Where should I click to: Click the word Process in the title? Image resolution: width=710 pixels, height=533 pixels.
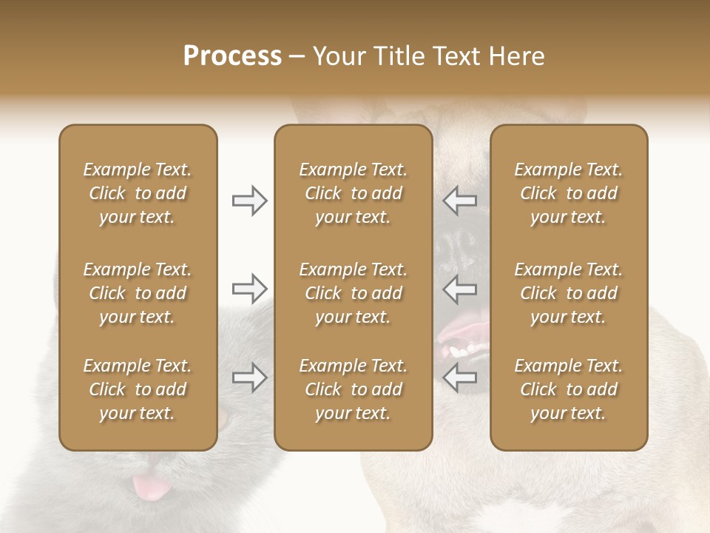coord(232,56)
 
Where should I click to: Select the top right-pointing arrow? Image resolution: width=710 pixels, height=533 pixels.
coord(250,201)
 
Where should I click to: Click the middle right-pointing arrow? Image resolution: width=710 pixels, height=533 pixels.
coord(250,289)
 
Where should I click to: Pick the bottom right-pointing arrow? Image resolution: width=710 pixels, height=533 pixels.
coord(250,378)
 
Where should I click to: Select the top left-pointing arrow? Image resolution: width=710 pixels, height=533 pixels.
coord(460,201)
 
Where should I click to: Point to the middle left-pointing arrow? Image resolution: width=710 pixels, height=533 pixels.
coord(460,289)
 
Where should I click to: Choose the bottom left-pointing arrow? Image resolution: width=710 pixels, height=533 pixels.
coord(460,378)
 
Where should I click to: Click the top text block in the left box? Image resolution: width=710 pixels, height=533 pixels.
coord(138,193)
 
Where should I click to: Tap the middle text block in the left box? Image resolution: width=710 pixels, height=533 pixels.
coord(138,293)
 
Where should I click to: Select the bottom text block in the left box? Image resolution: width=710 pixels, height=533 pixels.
coord(138,389)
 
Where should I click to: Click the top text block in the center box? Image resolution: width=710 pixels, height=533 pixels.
coord(353,193)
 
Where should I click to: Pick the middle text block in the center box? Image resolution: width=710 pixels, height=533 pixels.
coord(353,293)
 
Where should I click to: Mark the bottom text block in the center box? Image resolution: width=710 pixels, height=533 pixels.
coord(353,389)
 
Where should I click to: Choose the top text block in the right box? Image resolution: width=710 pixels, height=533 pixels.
coord(569,193)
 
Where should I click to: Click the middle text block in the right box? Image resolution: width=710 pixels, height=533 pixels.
coord(569,293)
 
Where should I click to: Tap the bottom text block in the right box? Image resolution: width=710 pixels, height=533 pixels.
coord(569,389)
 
